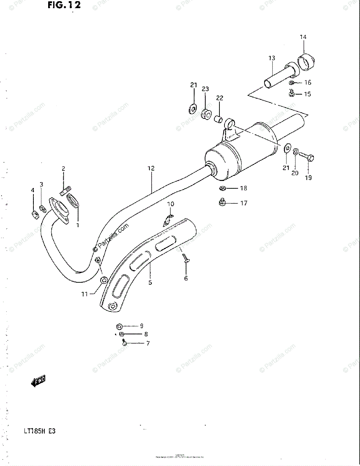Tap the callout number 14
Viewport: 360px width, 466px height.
point(303,37)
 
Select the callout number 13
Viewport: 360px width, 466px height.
point(271,58)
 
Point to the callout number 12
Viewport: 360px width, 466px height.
point(151,168)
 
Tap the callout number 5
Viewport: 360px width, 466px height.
point(150,282)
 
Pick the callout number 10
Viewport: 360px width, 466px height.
point(171,204)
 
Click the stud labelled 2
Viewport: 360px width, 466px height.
point(65,191)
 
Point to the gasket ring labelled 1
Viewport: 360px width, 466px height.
point(73,202)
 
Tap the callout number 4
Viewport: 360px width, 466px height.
point(33,190)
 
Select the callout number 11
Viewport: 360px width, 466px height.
point(85,294)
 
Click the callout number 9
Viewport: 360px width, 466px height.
point(141,326)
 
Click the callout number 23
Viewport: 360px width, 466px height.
point(205,89)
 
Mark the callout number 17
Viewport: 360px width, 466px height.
point(243,203)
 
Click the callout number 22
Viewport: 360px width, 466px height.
point(220,98)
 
